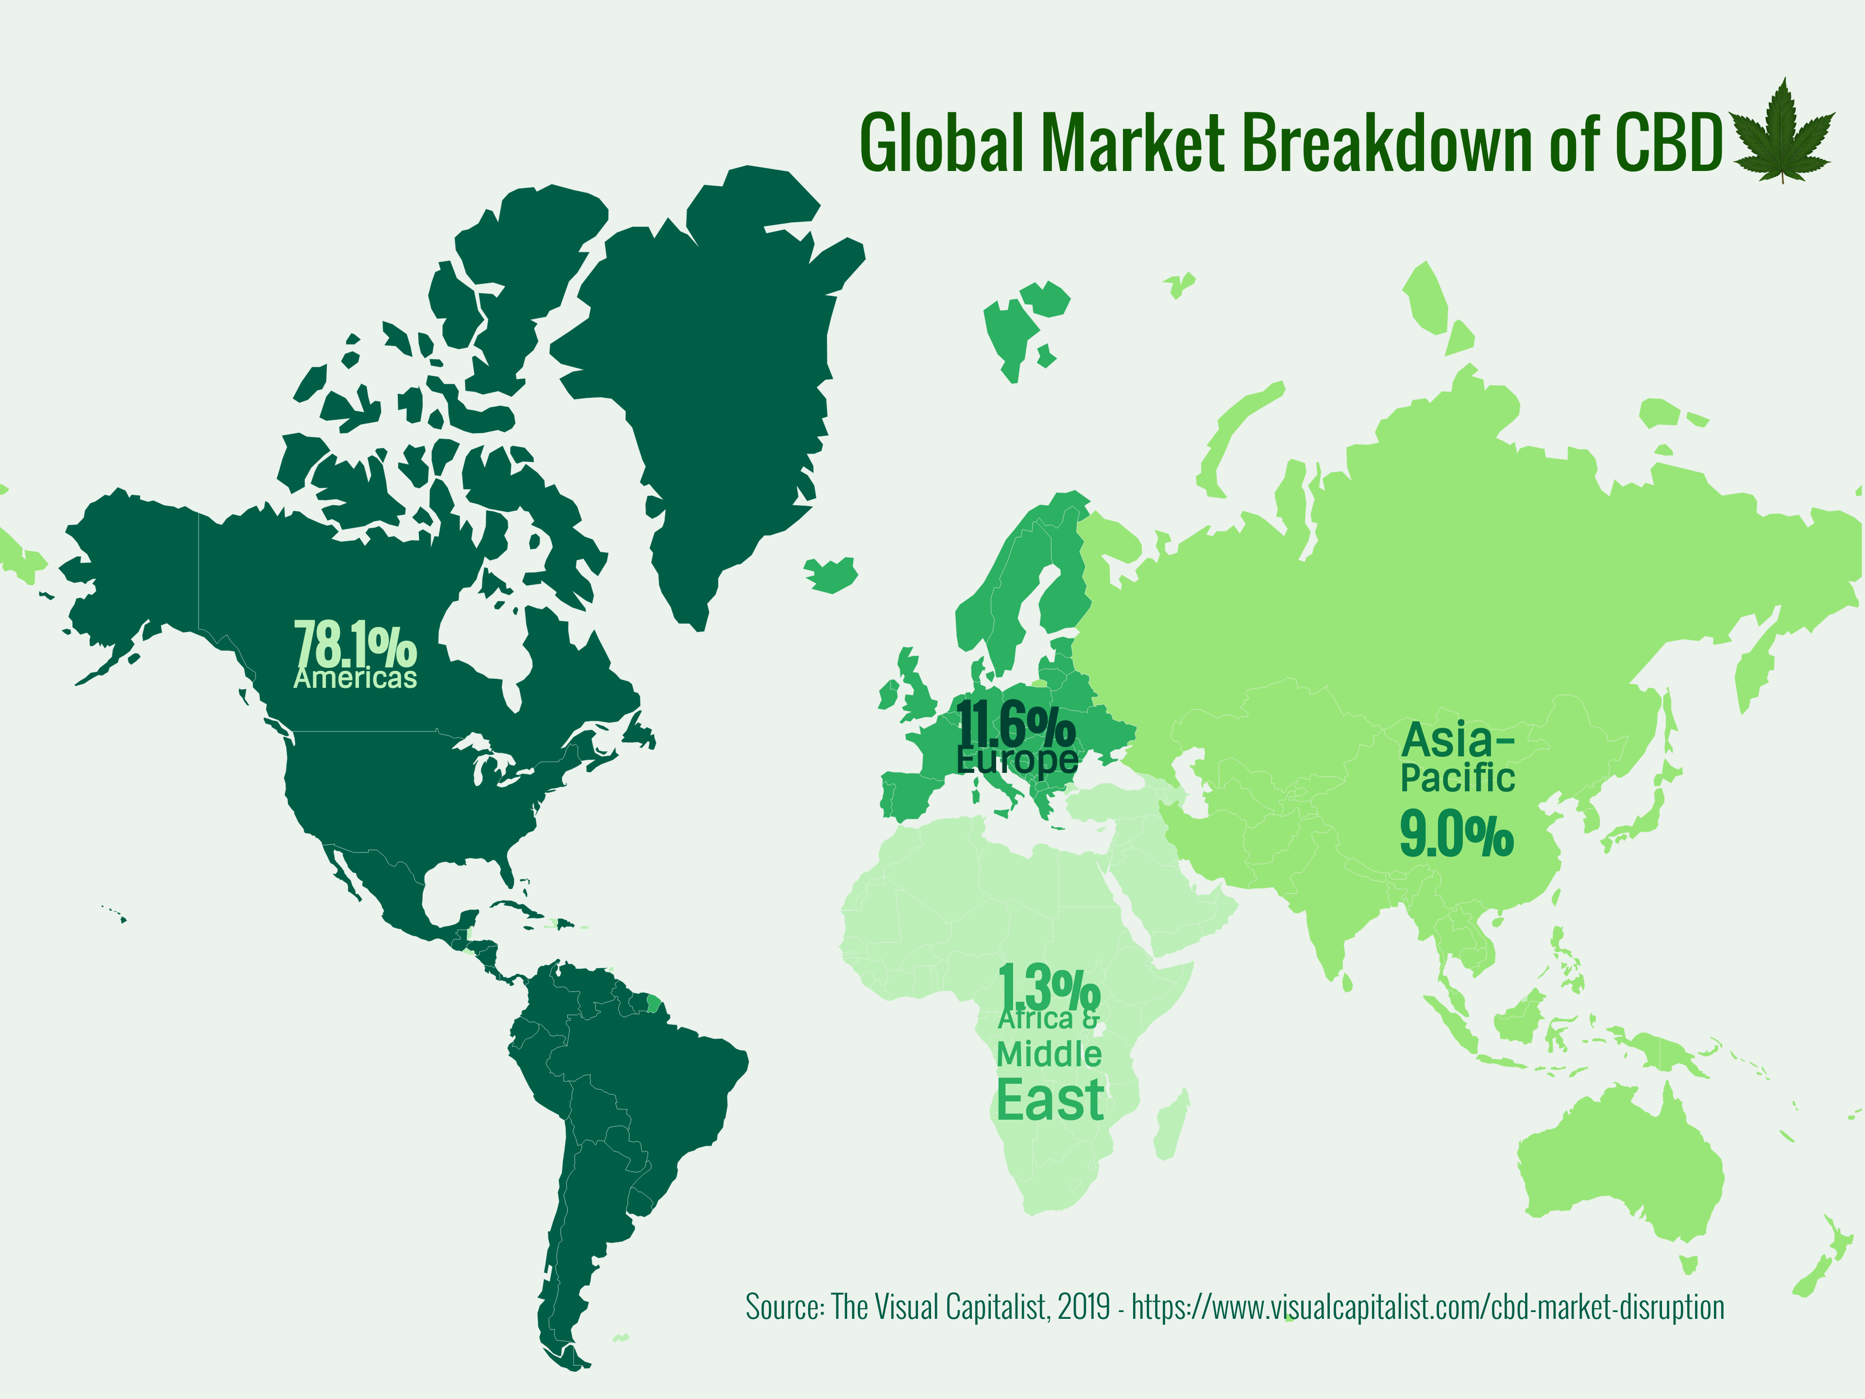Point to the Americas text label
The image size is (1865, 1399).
tap(355, 679)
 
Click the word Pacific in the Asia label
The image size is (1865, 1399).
tap(1458, 778)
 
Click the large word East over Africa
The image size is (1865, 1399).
tap(1050, 1100)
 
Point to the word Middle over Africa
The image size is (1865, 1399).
tap(1049, 1054)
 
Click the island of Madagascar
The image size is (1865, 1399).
tap(1172, 1126)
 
